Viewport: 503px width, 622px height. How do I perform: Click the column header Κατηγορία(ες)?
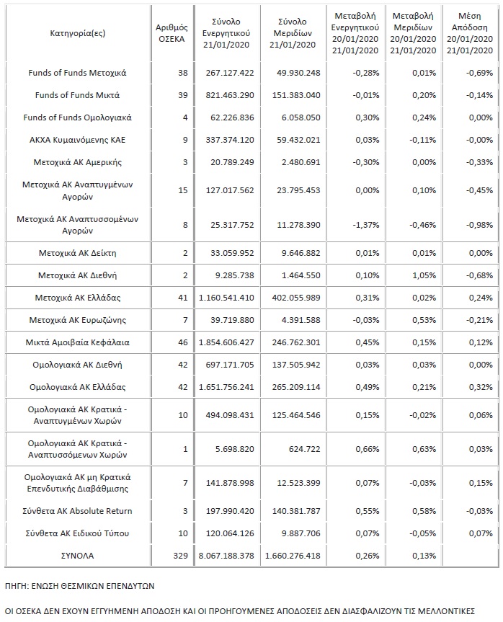tap(78, 33)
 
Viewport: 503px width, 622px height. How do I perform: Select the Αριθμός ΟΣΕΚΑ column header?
tap(171, 33)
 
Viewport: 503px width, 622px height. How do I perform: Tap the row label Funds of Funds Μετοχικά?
tap(79, 73)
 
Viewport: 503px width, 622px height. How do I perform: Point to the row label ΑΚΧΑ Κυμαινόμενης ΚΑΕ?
tap(79, 140)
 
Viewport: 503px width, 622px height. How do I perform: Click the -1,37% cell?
tap(356, 225)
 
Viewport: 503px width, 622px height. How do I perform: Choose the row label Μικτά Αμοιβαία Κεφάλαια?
tap(79, 342)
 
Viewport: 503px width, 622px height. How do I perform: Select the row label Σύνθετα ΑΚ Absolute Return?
tap(79, 511)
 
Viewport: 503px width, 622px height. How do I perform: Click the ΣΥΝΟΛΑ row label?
tap(78, 556)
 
